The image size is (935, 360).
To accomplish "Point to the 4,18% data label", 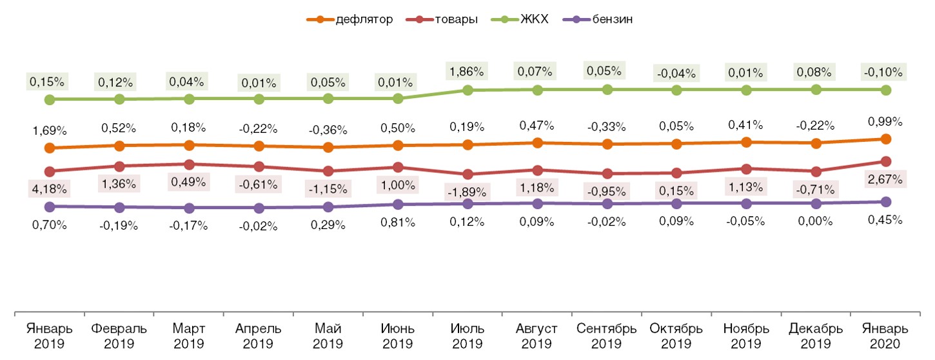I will click(x=50, y=189).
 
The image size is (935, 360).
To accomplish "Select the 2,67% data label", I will click(x=885, y=179).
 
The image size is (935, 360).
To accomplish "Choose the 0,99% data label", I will click(x=885, y=121).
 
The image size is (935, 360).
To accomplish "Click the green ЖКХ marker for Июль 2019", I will click(x=467, y=90).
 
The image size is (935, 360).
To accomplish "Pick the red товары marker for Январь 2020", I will click(x=886, y=161).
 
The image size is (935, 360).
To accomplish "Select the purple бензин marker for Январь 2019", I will click(x=50, y=206).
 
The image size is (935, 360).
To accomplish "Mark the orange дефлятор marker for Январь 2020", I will click(x=886, y=139).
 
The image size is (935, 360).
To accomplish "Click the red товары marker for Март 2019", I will click(x=189, y=165).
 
